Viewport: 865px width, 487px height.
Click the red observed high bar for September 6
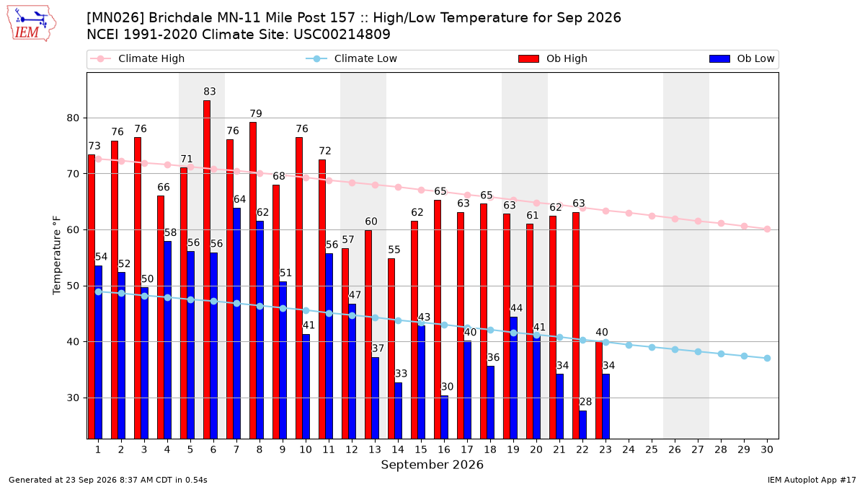(x=207, y=269)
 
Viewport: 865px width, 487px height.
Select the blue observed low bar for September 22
(x=582, y=424)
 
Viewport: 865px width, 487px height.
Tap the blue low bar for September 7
(x=236, y=323)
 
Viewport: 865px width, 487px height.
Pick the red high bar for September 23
(x=598, y=390)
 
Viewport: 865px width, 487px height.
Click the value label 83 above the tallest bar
(x=210, y=92)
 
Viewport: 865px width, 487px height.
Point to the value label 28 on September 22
(x=586, y=402)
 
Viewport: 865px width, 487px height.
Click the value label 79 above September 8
(x=256, y=114)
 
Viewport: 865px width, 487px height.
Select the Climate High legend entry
(x=138, y=58)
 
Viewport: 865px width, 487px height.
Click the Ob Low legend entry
(x=742, y=58)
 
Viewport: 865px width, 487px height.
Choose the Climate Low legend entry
(x=352, y=58)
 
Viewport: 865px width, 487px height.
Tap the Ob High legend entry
(x=553, y=58)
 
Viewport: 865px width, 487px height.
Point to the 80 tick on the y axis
(x=73, y=118)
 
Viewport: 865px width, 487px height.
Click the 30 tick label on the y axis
(x=73, y=398)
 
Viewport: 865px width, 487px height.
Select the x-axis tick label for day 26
(x=675, y=449)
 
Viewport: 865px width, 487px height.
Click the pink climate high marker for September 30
(x=767, y=229)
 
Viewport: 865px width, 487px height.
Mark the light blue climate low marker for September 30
(x=767, y=359)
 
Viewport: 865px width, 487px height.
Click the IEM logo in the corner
(x=31, y=24)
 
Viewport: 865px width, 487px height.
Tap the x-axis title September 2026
(x=432, y=465)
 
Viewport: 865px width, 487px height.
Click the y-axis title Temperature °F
(x=57, y=255)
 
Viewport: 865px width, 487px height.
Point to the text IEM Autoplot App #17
(x=812, y=480)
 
